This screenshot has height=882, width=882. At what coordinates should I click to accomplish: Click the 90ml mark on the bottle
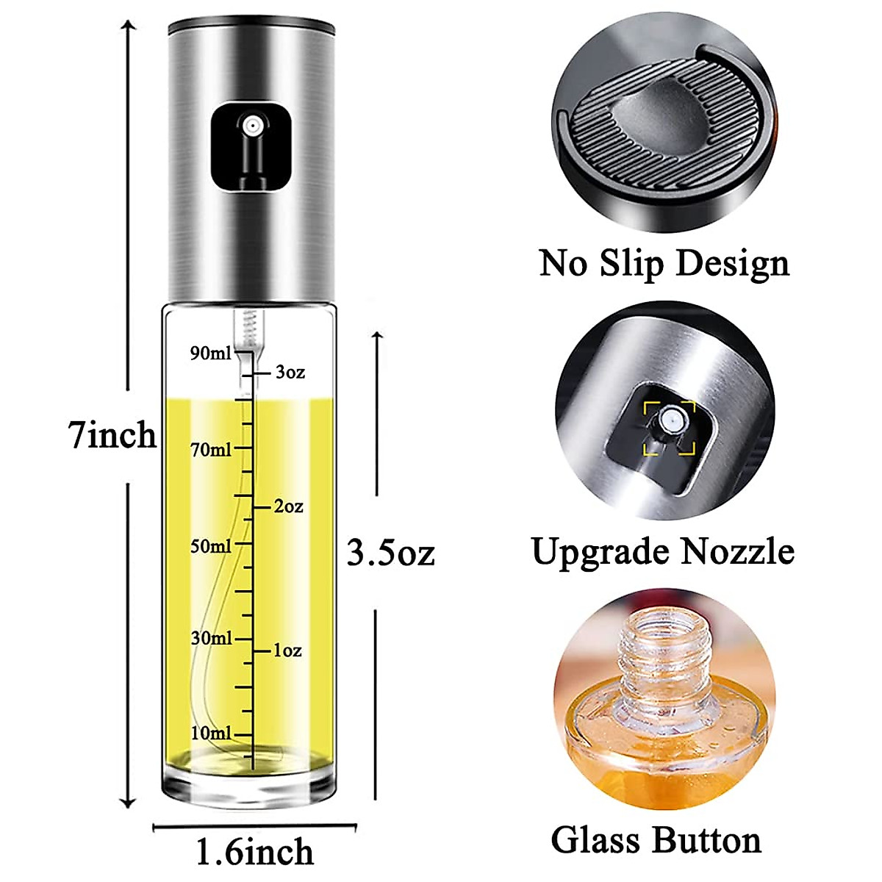coord(210,354)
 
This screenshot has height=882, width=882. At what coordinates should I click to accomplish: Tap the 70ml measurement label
coord(211,449)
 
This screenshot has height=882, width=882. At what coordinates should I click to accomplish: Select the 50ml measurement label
coord(211,546)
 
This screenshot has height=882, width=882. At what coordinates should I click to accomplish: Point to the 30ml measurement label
coord(211,638)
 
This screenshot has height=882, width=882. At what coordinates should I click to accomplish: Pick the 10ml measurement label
coord(211,733)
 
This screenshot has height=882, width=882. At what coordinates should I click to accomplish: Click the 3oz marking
coord(290,373)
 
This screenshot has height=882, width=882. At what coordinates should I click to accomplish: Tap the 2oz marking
coord(288,507)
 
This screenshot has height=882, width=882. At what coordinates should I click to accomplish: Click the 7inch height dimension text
coord(112,435)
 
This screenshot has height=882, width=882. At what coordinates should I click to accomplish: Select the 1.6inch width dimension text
coord(254,852)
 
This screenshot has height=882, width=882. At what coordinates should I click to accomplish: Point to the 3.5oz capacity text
coord(390,553)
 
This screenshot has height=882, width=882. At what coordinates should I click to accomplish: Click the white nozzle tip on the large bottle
coord(253,126)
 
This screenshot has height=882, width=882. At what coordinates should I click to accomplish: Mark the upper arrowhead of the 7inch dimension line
coord(129,26)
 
